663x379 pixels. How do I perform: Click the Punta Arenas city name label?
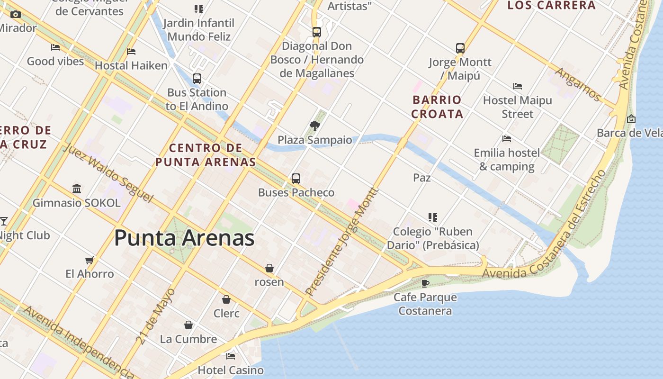point(184,238)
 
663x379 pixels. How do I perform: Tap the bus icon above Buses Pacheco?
point(296,179)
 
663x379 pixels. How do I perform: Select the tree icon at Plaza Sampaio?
point(314,126)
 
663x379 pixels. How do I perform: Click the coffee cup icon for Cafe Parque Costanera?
point(425,283)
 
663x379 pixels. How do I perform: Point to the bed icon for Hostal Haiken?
point(131,51)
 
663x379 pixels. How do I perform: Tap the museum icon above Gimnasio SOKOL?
point(77,189)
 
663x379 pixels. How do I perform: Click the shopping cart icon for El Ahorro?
point(89,260)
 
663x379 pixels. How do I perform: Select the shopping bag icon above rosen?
point(269,268)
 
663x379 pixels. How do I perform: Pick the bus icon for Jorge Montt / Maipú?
point(460,48)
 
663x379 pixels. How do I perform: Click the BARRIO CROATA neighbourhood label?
point(437,107)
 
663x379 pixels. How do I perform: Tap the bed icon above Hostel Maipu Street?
point(518,86)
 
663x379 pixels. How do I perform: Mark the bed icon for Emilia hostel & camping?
point(507,139)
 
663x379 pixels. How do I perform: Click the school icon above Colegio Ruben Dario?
point(432,217)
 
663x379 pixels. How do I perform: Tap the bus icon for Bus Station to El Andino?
point(197,79)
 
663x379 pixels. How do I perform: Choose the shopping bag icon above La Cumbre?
point(188,325)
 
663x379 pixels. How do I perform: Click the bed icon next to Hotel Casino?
point(231,356)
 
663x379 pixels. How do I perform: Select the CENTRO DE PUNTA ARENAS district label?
point(206,155)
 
